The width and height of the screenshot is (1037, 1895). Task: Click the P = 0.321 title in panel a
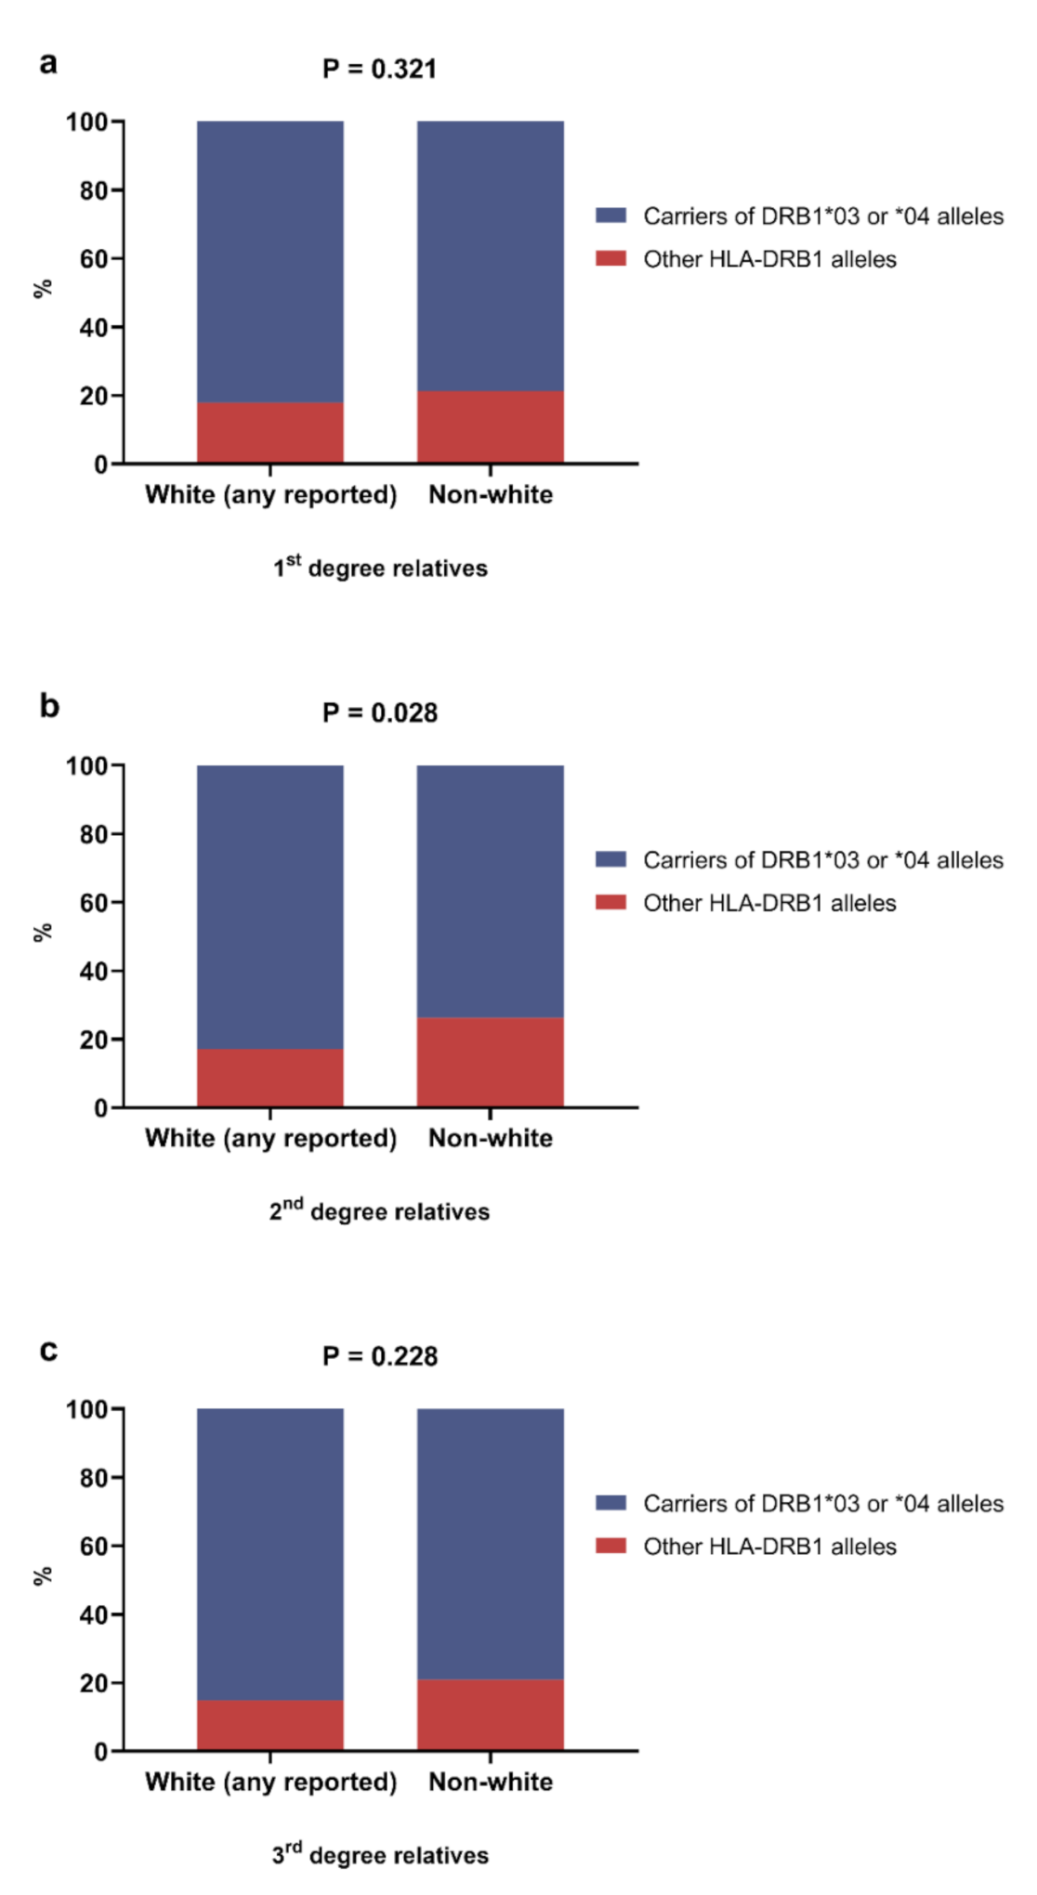click(x=379, y=70)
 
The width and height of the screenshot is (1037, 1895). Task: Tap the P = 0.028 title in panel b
click(x=379, y=713)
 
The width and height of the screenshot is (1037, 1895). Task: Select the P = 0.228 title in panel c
click(x=379, y=1357)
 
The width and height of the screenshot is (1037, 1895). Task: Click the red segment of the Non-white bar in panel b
click(x=490, y=1063)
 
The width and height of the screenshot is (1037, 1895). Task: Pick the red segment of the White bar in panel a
click(x=269, y=433)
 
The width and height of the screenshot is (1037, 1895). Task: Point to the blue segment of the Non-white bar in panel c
click(x=490, y=1543)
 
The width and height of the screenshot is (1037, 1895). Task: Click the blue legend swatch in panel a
click(x=610, y=216)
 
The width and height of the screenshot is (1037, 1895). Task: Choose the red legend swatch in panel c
click(x=610, y=1546)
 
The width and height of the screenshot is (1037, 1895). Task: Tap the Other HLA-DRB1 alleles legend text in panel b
click(x=769, y=904)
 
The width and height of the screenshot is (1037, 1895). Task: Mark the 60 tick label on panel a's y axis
click(x=93, y=259)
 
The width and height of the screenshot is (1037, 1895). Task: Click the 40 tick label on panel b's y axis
click(x=93, y=972)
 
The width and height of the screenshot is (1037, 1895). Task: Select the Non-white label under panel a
click(x=490, y=495)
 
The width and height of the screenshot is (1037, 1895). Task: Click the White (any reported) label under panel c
click(x=270, y=1783)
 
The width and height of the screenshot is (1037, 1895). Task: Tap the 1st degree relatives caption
click(x=379, y=568)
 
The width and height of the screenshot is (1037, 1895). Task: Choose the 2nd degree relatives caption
click(x=379, y=1211)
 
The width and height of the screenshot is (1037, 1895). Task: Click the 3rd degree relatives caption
click(x=379, y=1855)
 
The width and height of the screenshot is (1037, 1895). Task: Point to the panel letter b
click(x=49, y=707)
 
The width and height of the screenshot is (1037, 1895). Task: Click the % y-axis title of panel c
click(x=42, y=1576)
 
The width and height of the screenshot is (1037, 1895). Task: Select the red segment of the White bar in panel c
click(x=269, y=1725)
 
